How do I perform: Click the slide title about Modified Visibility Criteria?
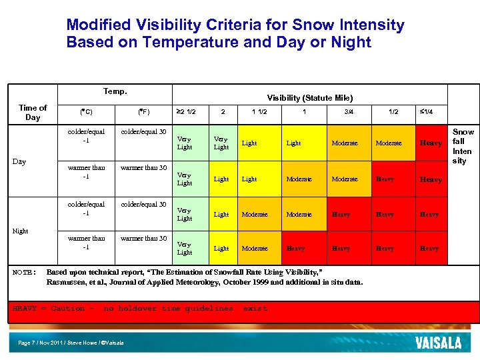(x=235, y=33)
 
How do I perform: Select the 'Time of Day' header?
(x=33, y=112)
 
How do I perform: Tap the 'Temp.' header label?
(x=115, y=91)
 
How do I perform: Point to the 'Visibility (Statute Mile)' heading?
(x=310, y=98)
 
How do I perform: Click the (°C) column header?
(x=86, y=112)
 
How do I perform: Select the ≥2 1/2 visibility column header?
(x=187, y=112)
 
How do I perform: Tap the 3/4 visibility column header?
(x=349, y=112)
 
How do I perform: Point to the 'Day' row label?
(x=19, y=161)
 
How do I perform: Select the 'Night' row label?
(x=21, y=231)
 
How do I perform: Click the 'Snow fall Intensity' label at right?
(x=463, y=147)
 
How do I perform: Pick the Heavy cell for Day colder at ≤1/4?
(x=430, y=143)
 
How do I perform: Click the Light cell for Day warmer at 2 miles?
(x=221, y=179)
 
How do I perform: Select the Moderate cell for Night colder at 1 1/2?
(x=254, y=215)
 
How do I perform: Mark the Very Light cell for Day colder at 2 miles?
(x=221, y=143)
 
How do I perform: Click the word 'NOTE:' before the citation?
(x=26, y=273)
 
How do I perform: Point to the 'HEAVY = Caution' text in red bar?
(x=50, y=309)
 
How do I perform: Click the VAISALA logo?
(x=438, y=343)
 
